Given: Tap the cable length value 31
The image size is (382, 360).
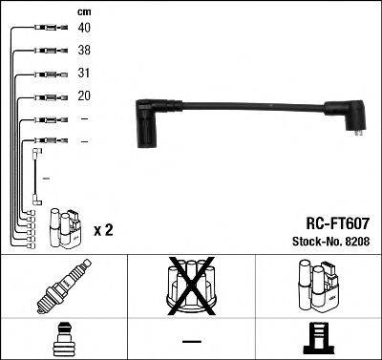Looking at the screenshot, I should click(x=85, y=74).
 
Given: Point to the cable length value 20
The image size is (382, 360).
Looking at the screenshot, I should click(x=85, y=97).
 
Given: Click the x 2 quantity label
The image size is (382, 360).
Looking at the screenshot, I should click(x=103, y=231).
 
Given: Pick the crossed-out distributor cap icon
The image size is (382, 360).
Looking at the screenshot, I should click(x=191, y=286).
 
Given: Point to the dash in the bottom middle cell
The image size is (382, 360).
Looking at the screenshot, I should click(x=191, y=340).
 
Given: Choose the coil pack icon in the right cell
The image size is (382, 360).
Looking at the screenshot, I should click(x=319, y=286).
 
